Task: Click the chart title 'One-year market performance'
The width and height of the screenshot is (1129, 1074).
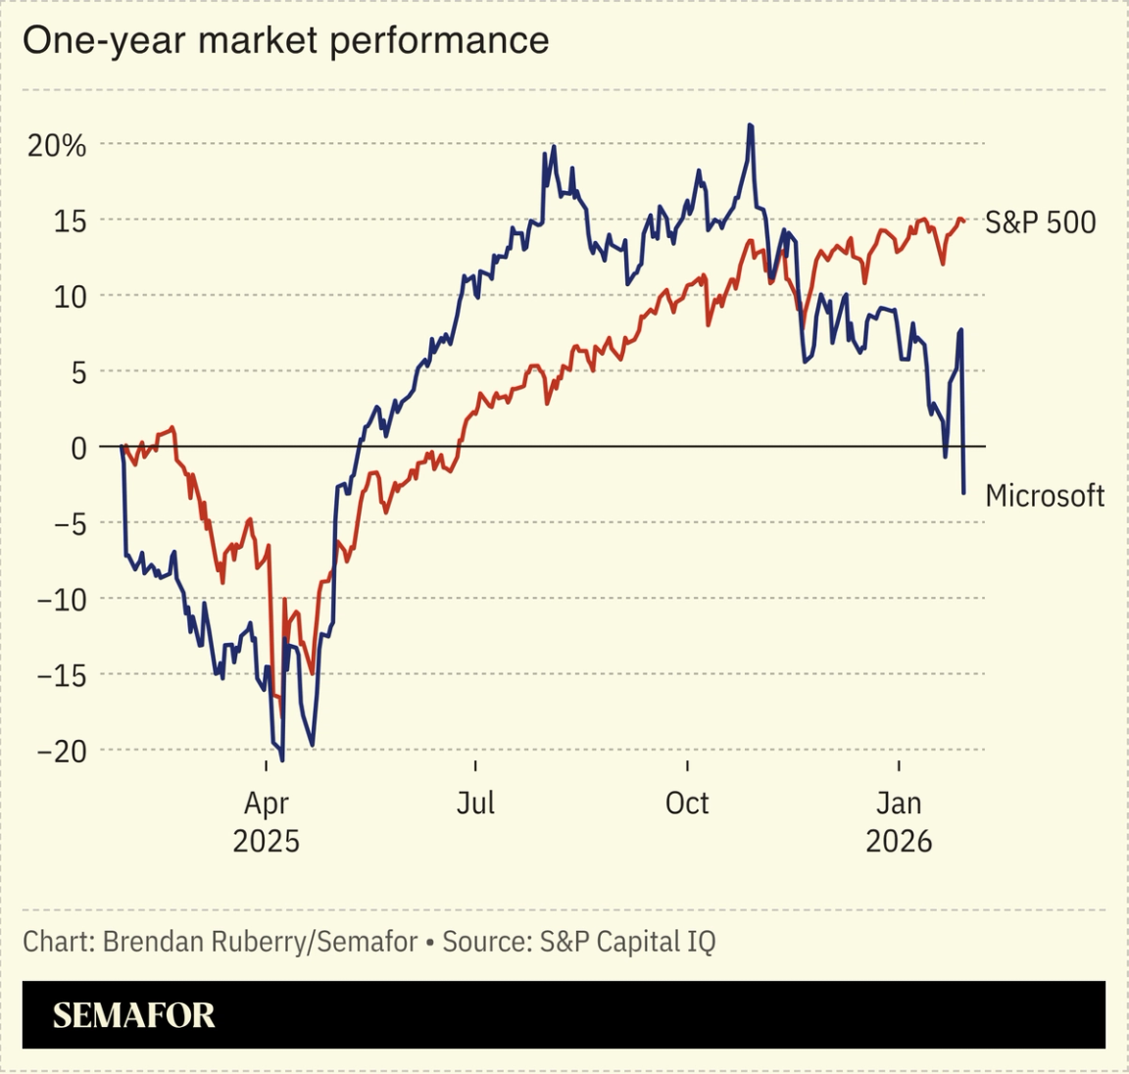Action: point(285,41)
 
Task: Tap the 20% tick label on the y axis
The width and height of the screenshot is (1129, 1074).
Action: point(57,146)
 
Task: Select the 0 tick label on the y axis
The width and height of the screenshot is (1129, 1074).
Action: point(78,449)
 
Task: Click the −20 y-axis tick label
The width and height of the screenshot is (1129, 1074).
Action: point(61,752)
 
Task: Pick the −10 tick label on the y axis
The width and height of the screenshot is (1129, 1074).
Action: point(61,600)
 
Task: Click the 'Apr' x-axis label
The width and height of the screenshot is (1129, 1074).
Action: point(266,804)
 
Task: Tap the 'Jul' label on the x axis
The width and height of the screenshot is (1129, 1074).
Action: point(475,804)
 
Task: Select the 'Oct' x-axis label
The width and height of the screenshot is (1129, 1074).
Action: point(687,804)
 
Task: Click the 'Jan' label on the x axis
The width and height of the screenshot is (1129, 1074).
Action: point(899,804)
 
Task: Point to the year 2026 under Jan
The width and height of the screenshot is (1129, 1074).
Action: point(899,842)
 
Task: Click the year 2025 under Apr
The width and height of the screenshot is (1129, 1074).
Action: point(266,842)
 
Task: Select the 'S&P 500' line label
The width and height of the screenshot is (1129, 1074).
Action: point(1040,222)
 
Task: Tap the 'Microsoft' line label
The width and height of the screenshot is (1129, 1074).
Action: point(1045,496)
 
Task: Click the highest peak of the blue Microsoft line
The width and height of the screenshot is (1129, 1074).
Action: point(750,125)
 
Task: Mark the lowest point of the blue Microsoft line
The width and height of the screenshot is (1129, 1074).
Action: point(283,759)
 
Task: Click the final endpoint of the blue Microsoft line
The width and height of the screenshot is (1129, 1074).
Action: point(964,493)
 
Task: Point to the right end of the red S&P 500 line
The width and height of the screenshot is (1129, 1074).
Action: point(964,220)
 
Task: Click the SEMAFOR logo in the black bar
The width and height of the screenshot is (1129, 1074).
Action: point(133,1015)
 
